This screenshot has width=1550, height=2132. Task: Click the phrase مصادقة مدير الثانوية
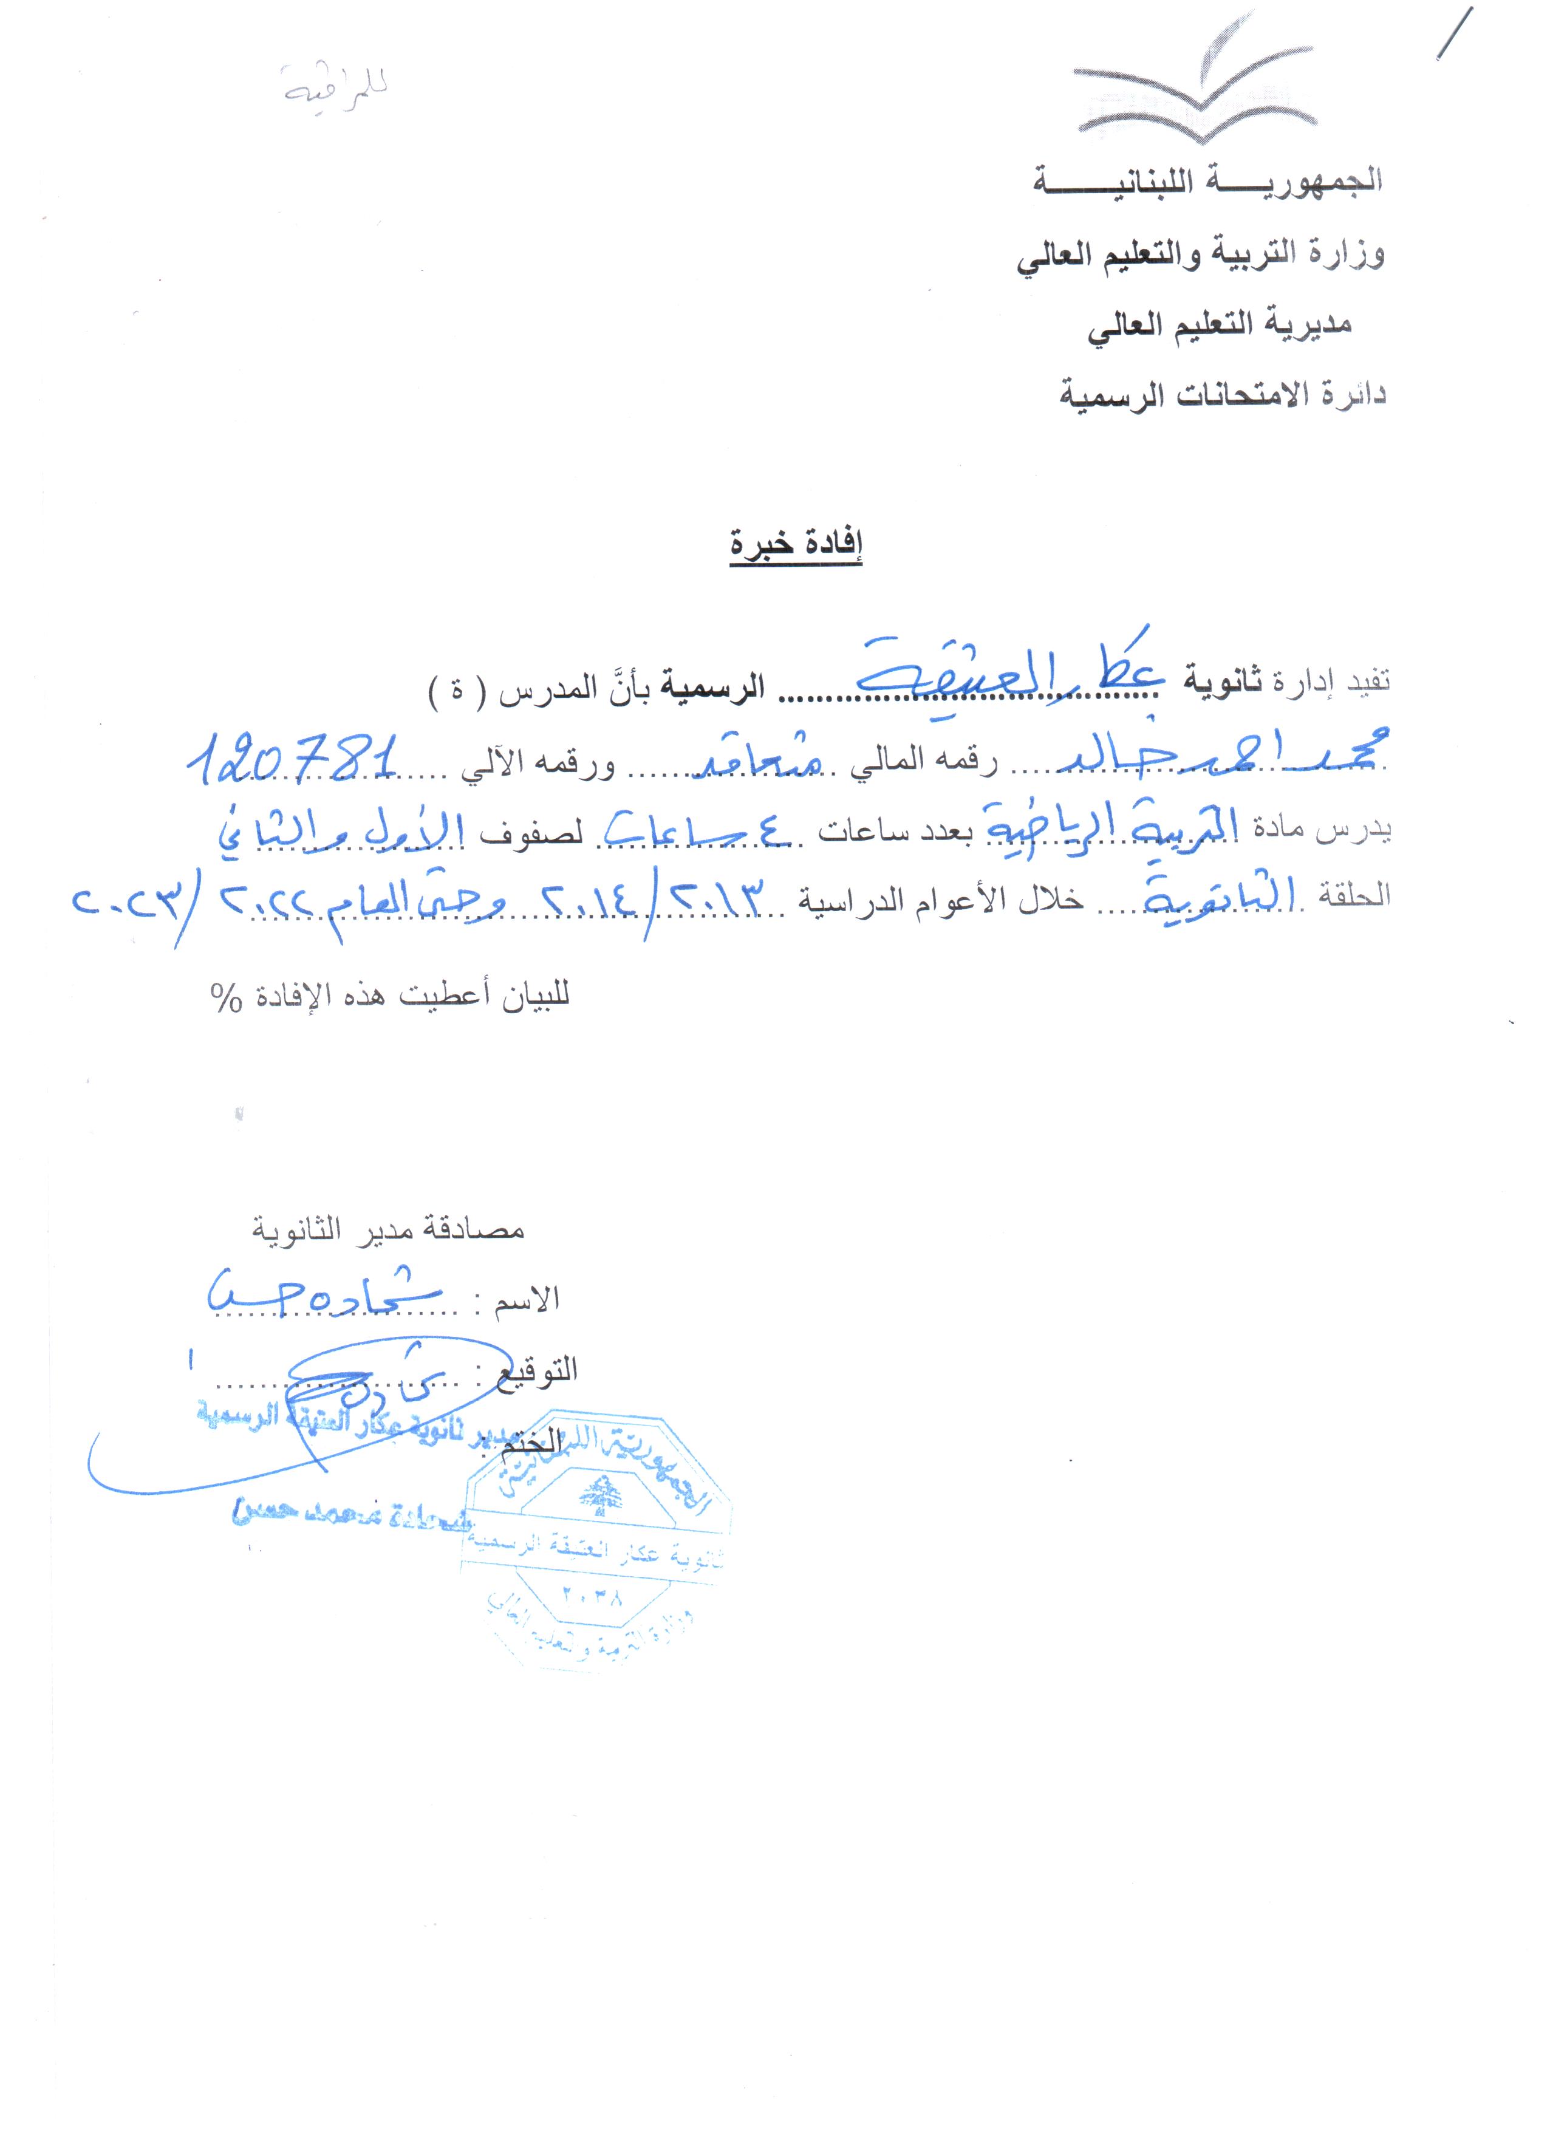coord(387,1229)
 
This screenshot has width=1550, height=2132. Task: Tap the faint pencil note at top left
coord(335,86)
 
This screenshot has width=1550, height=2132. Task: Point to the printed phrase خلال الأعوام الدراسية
coord(940,900)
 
